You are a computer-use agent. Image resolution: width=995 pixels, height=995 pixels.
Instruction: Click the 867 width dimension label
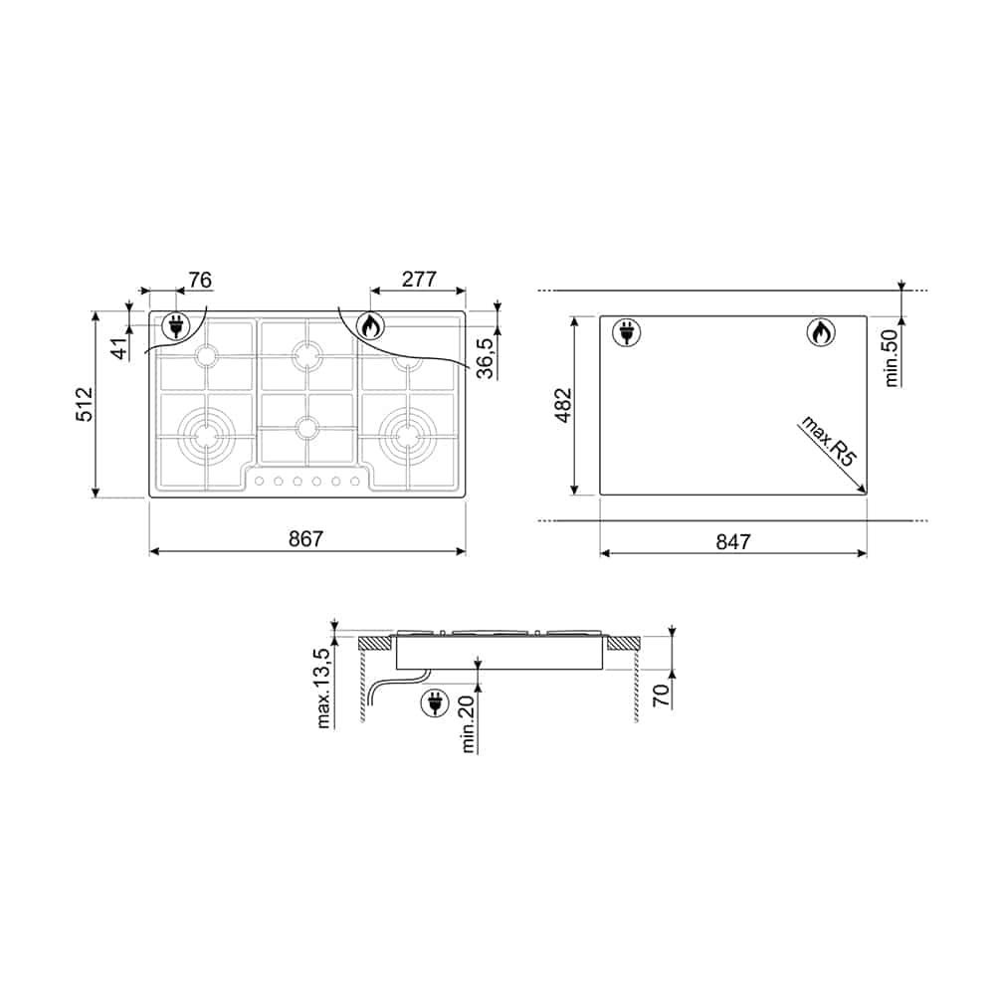point(305,538)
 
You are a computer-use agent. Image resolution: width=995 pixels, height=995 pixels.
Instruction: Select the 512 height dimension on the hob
point(85,404)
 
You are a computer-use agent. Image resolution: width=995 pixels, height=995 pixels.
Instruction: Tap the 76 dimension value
point(200,280)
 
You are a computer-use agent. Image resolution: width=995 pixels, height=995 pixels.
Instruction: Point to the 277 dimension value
point(419,280)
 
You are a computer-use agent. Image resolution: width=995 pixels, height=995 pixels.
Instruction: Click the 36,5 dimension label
point(486,358)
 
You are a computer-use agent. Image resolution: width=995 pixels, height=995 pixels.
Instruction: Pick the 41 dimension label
point(120,348)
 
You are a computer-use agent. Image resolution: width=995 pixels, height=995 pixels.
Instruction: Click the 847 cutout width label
point(733,542)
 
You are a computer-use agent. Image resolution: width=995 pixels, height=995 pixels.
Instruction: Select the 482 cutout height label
point(563,405)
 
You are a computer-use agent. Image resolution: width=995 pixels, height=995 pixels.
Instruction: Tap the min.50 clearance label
point(892,358)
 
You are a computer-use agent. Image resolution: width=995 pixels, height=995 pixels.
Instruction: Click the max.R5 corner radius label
point(829,442)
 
